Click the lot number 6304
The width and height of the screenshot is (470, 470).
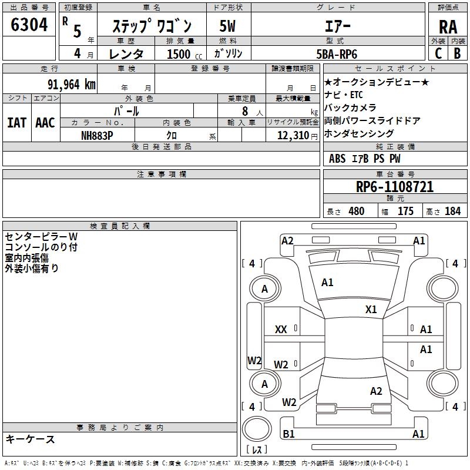[x=29, y=25]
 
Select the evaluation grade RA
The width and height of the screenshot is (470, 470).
[x=448, y=27]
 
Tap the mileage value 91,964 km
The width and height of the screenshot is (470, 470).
[x=72, y=85]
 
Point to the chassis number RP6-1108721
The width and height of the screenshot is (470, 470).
[x=395, y=187]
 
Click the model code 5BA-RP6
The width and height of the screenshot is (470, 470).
[x=337, y=54]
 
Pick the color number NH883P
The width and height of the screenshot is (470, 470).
[x=97, y=136]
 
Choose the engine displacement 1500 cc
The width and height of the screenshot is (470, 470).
[x=184, y=54]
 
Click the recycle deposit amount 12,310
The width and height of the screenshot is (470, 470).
[x=293, y=136]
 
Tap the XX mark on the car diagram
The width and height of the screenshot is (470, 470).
[x=281, y=330]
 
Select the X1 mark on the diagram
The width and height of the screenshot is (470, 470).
[x=371, y=310]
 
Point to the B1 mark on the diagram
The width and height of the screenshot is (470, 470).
[x=288, y=434]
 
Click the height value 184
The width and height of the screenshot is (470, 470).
[x=452, y=211]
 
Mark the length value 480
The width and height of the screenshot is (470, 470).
[x=357, y=211]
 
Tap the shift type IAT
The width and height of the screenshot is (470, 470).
[x=17, y=123]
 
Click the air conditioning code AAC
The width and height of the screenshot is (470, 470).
[x=45, y=123]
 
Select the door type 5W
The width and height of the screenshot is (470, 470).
[x=227, y=26]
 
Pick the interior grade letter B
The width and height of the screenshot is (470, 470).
[x=458, y=53]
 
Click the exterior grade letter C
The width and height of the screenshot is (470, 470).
[x=438, y=53]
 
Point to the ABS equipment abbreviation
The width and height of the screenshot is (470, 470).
[x=337, y=159]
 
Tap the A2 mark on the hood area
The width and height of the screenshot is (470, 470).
[x=287, y=241]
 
